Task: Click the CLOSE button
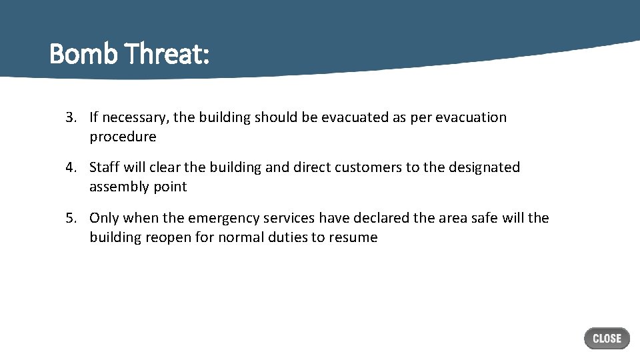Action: pyautogui.click(x=607, y=339)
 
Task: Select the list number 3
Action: pyautogui.click(x=70, y=117)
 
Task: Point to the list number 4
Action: pyautogui.click(x=70, y=167)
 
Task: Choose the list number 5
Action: pyautogui.click(x=70, y=218)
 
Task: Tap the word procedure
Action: pyautogui.click(x=123, y=137)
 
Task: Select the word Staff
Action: pyautogui.click(x=105, y=167)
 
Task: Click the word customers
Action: pyautogui.click(x=367, y=167)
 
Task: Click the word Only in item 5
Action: pyautogui.click(x=104, y=218)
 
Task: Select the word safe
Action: pyautogui.click(x=483, y=218)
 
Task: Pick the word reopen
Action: pyautogui.click(x=166, y=238)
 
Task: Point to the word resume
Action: pyautogui.click(x=353, y=238)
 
